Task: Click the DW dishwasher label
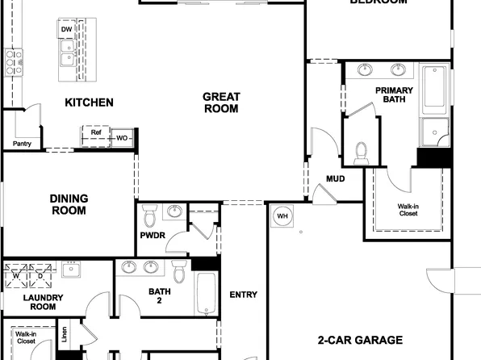66,31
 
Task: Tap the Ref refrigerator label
95,132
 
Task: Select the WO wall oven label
122,138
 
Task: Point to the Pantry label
21,144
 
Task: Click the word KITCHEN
89,103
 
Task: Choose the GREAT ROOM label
220,103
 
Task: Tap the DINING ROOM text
69,204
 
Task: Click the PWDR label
152,236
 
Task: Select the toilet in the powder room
148,216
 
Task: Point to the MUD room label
336,178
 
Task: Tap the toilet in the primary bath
361,151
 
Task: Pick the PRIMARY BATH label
394,95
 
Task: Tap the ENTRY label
243,295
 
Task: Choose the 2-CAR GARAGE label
360,340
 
